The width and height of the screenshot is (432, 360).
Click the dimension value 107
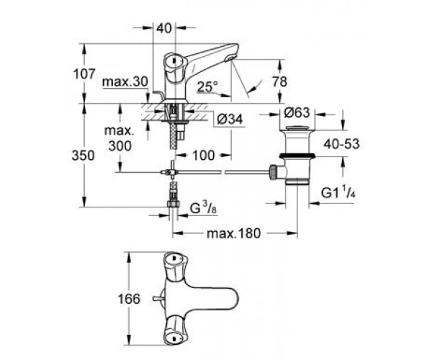pyautogui.click(x=84, y=74)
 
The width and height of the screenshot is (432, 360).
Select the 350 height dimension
pyautogui.click(x=84, y=156)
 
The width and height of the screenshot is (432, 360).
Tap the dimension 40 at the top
pyautogui.click(x=164, y=28)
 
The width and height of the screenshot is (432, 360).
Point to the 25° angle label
pyautogui.click(x=207, y=87)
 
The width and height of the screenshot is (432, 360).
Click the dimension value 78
pyautogui.click(x=279, y=82)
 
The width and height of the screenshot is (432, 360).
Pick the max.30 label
pyautogui.click(x=125, y=81)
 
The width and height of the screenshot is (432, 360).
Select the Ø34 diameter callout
pyautogui.click(x=230, y=120)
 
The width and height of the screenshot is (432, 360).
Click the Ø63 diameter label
pyautogui.click(x=297, y=112)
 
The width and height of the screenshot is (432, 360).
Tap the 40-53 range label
pyautogui.click(x=341, y=144)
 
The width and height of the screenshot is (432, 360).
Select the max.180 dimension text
pyautogui.click(x=233, y=233)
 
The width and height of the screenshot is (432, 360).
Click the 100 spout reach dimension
pyautogui.click(x=204, y=156)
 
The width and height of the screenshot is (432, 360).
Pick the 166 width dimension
pyautogui.click(x=129, y=299)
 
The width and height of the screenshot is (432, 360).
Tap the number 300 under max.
pyautogui.click(x=120, y=145)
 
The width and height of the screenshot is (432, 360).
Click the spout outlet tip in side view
pyautogui.click(x=230, y=58)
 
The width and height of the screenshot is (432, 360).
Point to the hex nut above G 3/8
pyautogui.click(x=174, y=204)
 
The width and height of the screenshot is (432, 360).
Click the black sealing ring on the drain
pyautogui.click(x=297, y=156)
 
